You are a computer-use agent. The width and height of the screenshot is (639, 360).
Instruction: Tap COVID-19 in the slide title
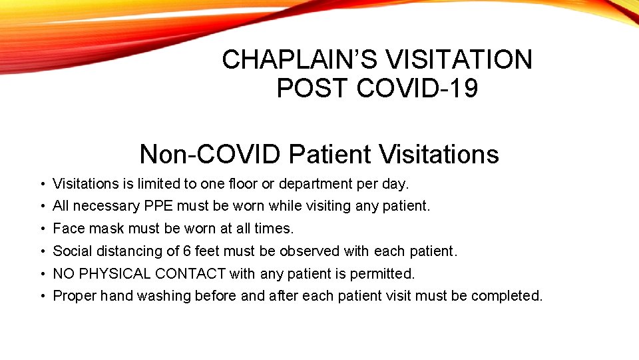417,88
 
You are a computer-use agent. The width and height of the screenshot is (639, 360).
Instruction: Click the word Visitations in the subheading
439,155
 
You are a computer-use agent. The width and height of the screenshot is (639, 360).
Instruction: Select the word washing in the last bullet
164,296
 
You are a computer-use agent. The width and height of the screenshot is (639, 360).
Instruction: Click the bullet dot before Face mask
42,229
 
